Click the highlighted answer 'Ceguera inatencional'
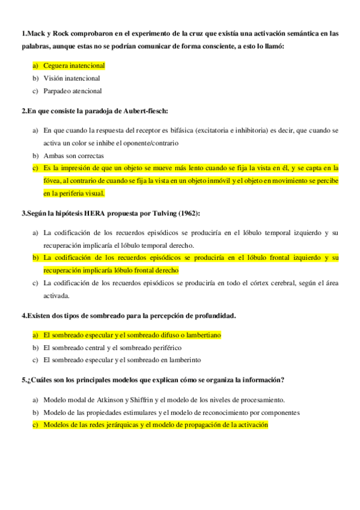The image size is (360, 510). pos(74,66)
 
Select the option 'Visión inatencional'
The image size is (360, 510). pos(72,78)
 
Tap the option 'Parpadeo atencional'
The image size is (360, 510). pos(72,91)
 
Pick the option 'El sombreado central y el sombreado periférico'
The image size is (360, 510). pos(112,348)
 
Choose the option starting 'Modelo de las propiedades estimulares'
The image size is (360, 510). pos(171,413)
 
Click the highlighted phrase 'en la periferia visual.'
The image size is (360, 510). pos(74,194)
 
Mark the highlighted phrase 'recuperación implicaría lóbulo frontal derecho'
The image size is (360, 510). pos(111,271)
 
